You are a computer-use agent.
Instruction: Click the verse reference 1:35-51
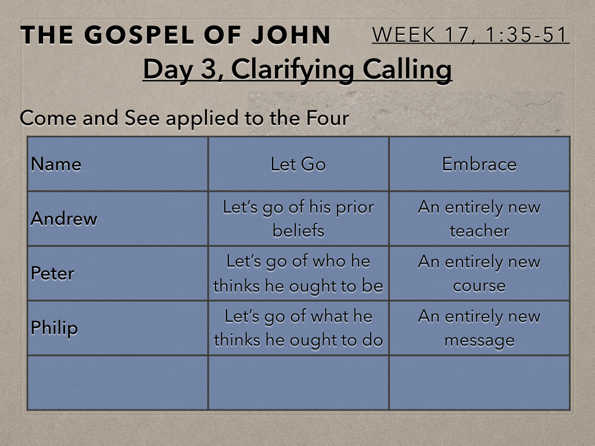point(526,35)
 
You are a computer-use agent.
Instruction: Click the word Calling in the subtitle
point(407,70)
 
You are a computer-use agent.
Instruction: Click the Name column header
point(56,164)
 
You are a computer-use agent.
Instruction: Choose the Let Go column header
point(298,164)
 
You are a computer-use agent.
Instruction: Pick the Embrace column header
point(479,164)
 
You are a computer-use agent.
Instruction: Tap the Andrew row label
point(64,218)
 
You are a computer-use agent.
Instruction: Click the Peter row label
point(52,274)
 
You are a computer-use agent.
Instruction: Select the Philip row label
point(54,328)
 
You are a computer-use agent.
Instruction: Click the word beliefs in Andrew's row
point(298,231)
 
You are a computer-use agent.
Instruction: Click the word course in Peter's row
point(479,286)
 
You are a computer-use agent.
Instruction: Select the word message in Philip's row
point(479,340)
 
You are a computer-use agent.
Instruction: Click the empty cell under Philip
point(117,383)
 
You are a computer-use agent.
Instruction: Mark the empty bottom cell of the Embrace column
point(479,383)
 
